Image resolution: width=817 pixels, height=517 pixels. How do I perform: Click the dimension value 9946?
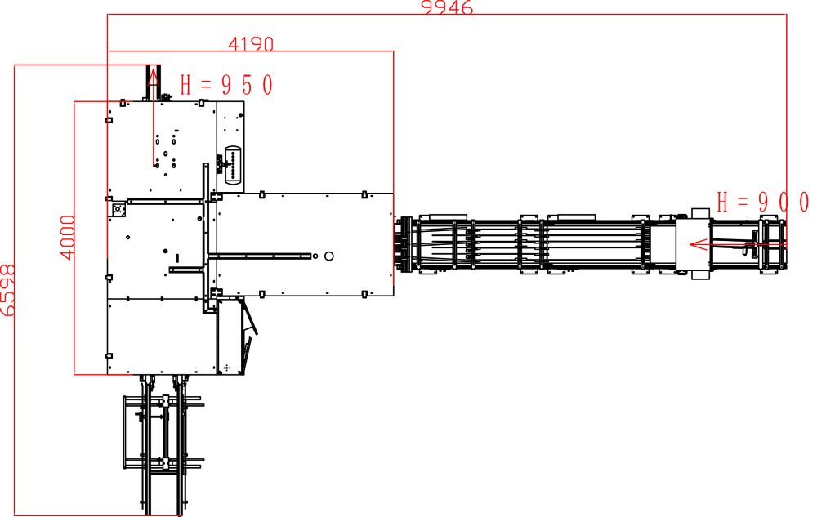point(447,7)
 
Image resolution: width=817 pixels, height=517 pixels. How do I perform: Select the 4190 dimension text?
point(251,44)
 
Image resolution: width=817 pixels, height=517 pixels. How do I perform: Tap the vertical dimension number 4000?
point(68,238)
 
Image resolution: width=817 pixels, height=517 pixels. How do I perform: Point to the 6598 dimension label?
point(8,290)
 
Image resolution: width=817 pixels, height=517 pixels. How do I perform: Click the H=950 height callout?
point(226,85)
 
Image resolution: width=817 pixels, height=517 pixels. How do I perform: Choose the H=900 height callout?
point(763,202)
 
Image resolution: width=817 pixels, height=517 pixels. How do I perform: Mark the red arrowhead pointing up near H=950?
point(154,77)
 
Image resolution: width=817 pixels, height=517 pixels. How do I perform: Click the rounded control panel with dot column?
point(234,164)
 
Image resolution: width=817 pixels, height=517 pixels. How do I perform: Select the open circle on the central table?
point(328,256)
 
